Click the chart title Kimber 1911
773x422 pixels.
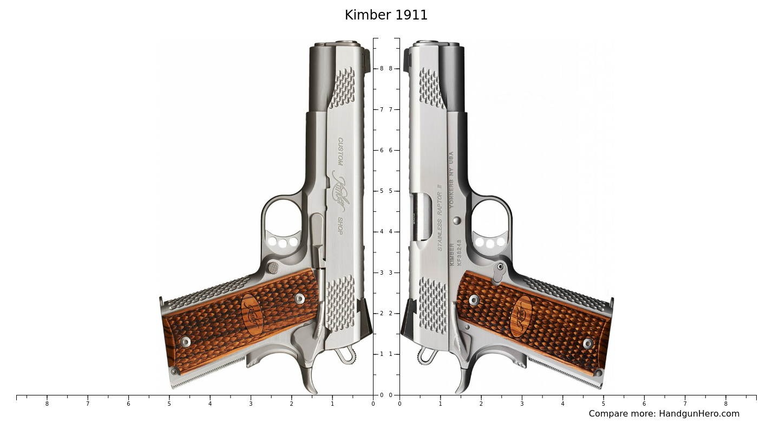[x=386, y=16]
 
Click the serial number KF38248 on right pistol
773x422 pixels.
[x=459, y=252]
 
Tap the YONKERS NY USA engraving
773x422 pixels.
[x=451, y=179]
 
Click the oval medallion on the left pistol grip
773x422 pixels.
[x=252, y=314]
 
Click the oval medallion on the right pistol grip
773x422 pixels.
[x=521, y=316]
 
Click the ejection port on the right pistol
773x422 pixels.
[x=420, y=217]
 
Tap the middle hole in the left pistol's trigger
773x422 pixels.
[x=283, y=243]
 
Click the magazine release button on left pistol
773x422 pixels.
[x=273, y=268]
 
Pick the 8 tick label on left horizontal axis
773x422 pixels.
[x=47, y=404]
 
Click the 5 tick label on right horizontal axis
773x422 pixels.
[x=603, y=404]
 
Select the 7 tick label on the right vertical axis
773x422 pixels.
[x=390, y=109]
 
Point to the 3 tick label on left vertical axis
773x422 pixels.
[x=382, y=272]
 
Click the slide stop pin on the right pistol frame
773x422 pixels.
[x=457, y=220]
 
